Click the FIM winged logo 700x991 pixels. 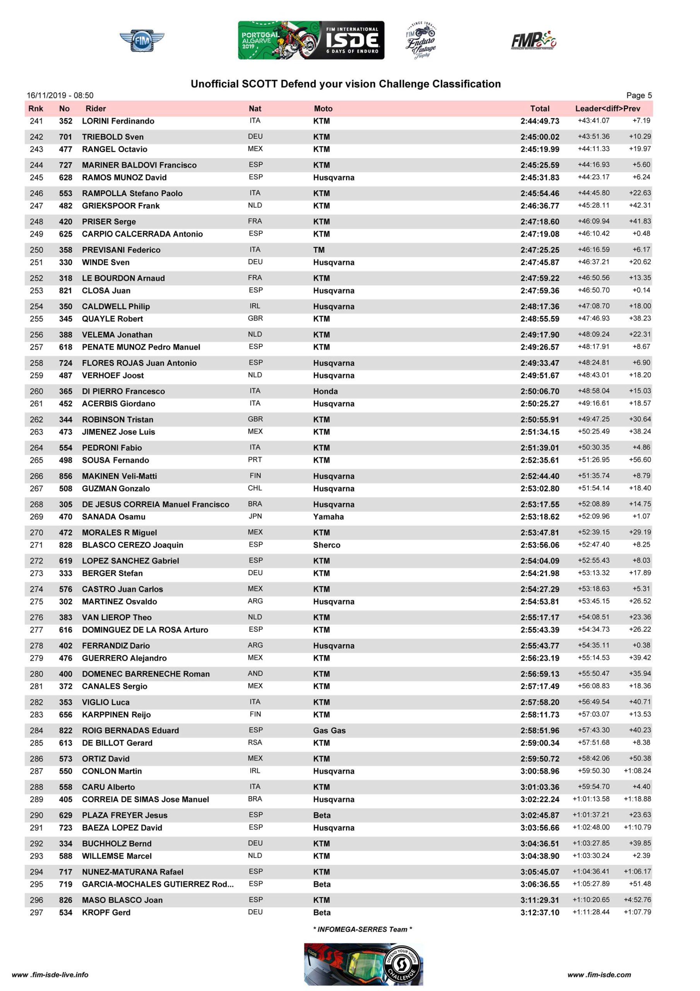pyautogui.click(x=142, y=41)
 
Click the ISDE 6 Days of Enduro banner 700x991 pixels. pyautogui.click(x=311, y=40)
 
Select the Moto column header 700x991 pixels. pyautogui.click(x=323, y=109)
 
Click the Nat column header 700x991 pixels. pyautogui.click(x=255, y=109)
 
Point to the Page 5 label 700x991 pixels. pyautogui.click(x=639, y=95)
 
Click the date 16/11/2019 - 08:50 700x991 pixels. pyautogui.click(x=60, y=95)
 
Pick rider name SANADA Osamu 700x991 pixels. pyautogui.click(x=113, y=517)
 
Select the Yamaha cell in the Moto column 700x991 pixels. pyautogui.click(x=329, y=517)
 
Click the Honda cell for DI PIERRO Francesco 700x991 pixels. pyautogui.click(x=325, y=391)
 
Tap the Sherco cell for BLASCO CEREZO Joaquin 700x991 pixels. pyautogui.click(x=327, y=545)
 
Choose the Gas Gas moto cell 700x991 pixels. pyautogui.click(x=329, y=731)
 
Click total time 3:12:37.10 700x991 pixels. pyautogui.click(x=539, y=913)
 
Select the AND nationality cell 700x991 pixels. pyautogui.click(x=255, y=674)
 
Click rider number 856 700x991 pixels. pyautogui.click(x=66, y=476)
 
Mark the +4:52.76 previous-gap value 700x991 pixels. pyautogui.click(x=637, y=900)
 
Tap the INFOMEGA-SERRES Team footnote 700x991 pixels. pyautogui.click(x=363, y=929)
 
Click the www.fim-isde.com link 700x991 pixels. pyautogui.click(x=599, y=975)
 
